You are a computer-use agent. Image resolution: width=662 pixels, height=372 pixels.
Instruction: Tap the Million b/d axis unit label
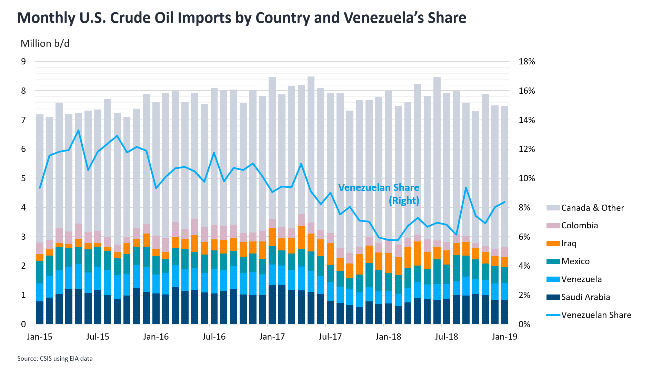[x=45, y=44]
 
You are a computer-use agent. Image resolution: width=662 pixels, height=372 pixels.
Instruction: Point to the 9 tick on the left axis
[x=23, y=62]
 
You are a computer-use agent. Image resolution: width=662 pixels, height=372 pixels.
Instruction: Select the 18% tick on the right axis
[x=526, y=62]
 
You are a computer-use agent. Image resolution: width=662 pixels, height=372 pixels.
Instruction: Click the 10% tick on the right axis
[x=526, y=178]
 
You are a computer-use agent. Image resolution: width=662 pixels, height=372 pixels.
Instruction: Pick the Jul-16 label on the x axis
[x=214, y=337]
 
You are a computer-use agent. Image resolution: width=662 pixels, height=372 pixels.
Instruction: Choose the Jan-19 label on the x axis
[x=504, y=337]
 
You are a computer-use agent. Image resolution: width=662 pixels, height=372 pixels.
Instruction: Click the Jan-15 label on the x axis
[x=40, y=337]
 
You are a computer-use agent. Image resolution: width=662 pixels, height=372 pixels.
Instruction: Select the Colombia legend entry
[x=579, y=226]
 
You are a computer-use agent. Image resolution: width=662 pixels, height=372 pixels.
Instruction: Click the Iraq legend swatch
[x=553, y=244]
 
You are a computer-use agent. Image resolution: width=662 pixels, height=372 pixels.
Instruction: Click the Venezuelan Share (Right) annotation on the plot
[x=379, y=194]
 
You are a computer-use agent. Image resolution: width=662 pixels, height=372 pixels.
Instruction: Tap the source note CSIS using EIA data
[x=55, y=359]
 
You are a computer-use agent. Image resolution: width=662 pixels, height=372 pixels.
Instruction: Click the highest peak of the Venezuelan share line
[x=79, y=130]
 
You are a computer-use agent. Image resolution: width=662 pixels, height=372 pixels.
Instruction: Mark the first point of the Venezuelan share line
[x=40, y=188]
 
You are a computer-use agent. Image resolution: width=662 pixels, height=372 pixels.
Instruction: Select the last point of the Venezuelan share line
[x=505, y=202]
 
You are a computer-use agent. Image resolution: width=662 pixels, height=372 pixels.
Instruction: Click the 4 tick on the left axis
[x=23, y=208]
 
